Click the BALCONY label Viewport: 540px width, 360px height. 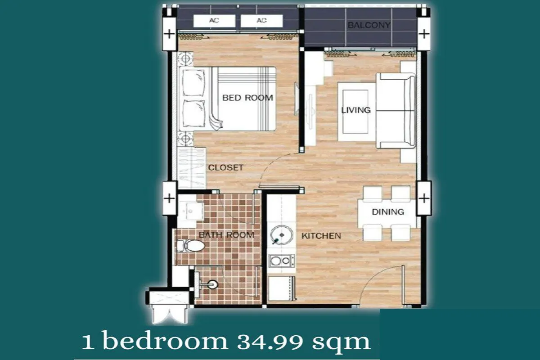tap(369, 25)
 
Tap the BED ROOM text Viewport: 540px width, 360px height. tap(247, 98)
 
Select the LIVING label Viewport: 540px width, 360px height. tap(356, 110)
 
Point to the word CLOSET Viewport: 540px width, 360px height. tap(225, 167)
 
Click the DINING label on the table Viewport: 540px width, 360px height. tap(388, 211)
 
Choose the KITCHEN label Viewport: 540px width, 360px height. tap(321, 236)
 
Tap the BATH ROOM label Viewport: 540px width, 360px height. tap(226, 235)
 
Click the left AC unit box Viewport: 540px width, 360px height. tap(214, 21)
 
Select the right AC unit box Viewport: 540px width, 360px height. tap(261, 21)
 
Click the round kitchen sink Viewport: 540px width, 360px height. tap(281, 235)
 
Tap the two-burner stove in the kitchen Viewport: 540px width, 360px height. tap(282, 261)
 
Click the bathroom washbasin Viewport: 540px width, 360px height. tap(191, 211)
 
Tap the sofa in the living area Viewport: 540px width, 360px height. tap(396, 111)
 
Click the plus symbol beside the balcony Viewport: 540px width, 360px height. tap(424, 34)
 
